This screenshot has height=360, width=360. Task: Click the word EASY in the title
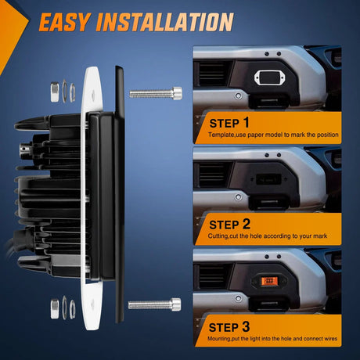click(x=65, y=22)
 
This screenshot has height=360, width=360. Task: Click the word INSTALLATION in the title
click(x=165, y=22)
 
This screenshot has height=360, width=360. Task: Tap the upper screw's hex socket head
click(x=177, y=93)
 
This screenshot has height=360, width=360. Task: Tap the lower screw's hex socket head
click(x=176, y=304)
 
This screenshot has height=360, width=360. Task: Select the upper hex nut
click(x=55, y=92)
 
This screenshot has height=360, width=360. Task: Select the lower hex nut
click(x=55, y=309)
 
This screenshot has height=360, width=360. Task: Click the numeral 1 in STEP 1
click(x=246, y=122)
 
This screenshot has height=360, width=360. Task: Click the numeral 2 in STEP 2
click(x=246, y=224)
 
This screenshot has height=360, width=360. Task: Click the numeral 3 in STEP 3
click(x=246, y=326)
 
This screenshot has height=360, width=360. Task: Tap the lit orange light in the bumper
click(x=269, y=281)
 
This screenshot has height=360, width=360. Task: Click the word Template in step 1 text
click(x=221, y=135)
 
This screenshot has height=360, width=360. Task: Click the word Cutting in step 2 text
click(x=218, y=236)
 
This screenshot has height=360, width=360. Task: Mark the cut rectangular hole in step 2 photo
click(x=268, y=179)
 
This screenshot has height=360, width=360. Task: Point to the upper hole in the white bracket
click(x=93, y=95)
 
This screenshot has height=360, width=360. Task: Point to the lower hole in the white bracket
click(x=92, y=304)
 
